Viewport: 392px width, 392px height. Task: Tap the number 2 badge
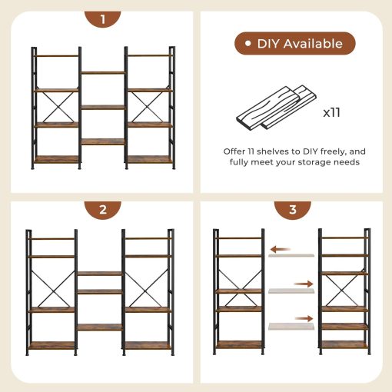(103, 209)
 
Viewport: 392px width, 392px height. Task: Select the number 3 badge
(293, 209)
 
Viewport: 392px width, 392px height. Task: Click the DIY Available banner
(294, 44)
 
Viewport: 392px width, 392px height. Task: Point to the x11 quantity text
(331, 112)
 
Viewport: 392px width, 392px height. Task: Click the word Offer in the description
(236, 151)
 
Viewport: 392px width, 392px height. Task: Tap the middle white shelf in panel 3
(291, 291)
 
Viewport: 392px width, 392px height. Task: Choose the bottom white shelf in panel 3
(291, 325)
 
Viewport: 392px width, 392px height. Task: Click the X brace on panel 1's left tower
(57, 107)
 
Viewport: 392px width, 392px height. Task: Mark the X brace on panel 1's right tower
(149, 107)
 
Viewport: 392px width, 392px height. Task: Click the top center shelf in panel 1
(103, 73)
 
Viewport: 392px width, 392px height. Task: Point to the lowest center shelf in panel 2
(99, 326)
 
